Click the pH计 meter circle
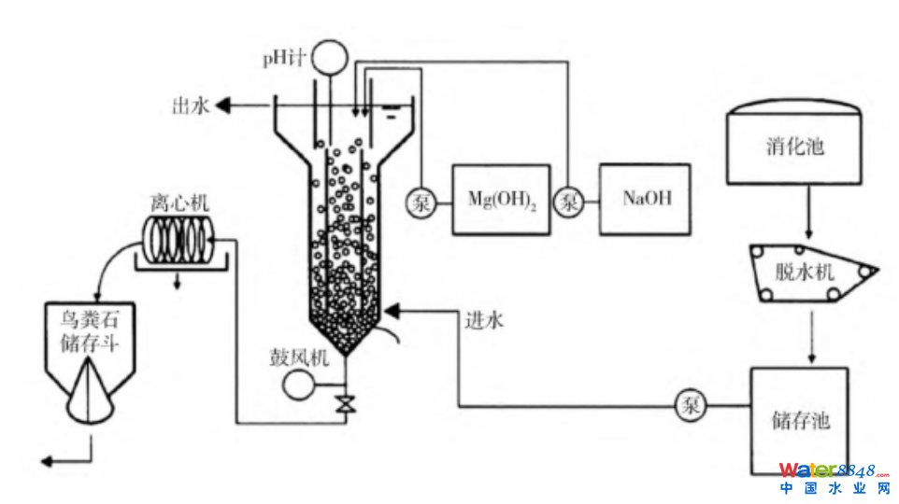tap(328, 58)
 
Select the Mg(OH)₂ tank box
tap(501, 200)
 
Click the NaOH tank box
tap(646, 199)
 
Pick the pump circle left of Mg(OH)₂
tap(421, 201)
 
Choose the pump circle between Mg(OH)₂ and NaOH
tap(568, 201)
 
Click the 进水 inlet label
tap(484, 321)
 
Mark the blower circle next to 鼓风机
tap(301, 384)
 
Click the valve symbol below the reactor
tap(345, 405)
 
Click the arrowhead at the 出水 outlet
tap(225, 106)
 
